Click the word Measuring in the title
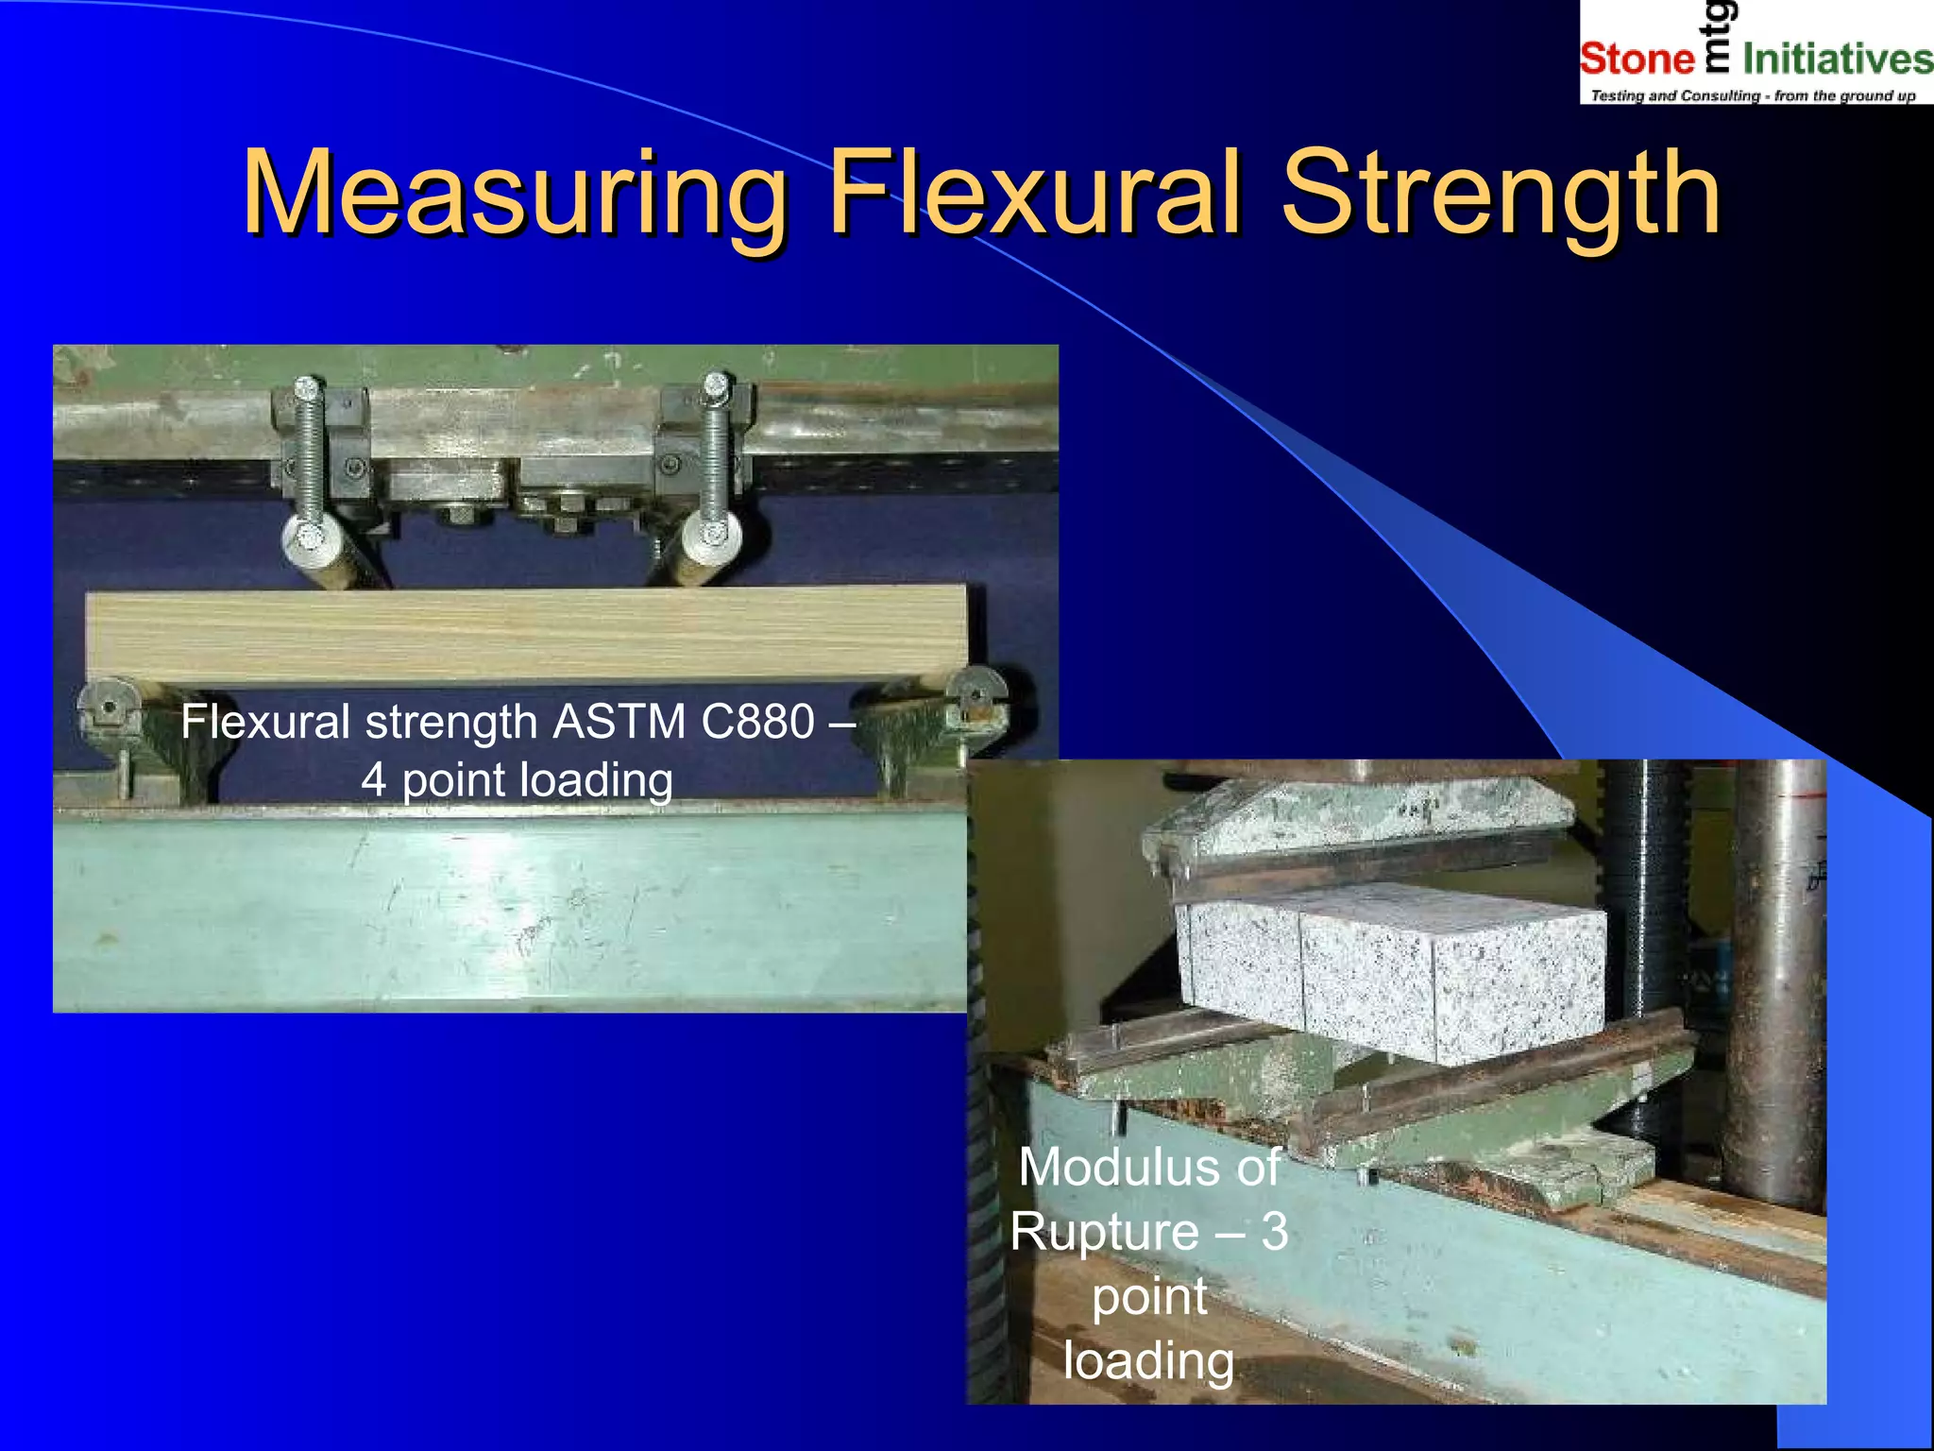tap(515, 194)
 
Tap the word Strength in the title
tap(1501, 194)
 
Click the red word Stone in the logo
tap(1637, 59)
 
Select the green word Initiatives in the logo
tap(1837, 59)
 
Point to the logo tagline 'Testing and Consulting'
tap(1675, 95)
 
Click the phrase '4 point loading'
tap(517, 781)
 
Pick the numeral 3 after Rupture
tap(1275, 1232)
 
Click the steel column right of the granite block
tap(1775, 982)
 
